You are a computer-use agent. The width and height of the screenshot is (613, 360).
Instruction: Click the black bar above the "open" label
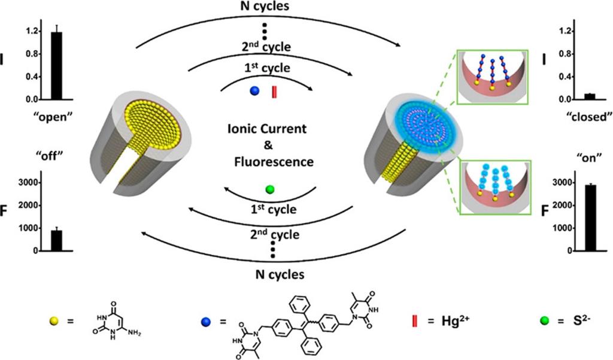[x=56, y=66]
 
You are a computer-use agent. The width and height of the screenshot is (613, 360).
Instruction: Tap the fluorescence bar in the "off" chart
[x=56, y=240]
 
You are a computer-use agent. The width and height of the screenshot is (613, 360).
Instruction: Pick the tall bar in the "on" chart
[x=590, y=218]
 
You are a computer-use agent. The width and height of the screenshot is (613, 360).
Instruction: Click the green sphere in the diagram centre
[x=270, y=190]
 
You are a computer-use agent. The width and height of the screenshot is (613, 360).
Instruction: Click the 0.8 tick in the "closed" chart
[x=564, y=54]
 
